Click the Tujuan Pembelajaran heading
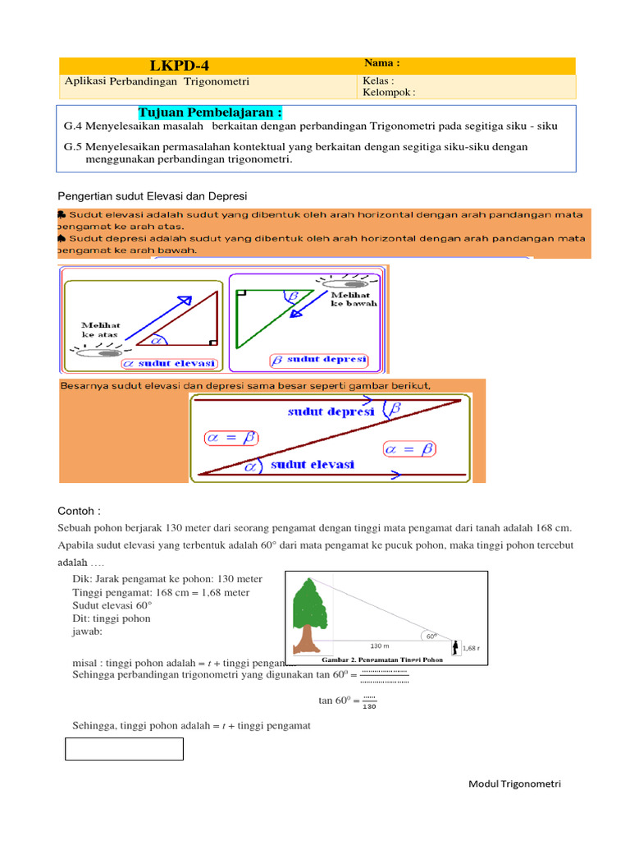point(210,113)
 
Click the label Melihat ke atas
point(100,329)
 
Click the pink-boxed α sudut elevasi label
point(169,363)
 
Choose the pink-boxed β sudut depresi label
point(318,360)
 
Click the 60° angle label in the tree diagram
point(430,636)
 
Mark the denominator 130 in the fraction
point(369,706)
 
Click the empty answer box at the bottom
point(124,749)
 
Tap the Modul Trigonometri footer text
point(514,784)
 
